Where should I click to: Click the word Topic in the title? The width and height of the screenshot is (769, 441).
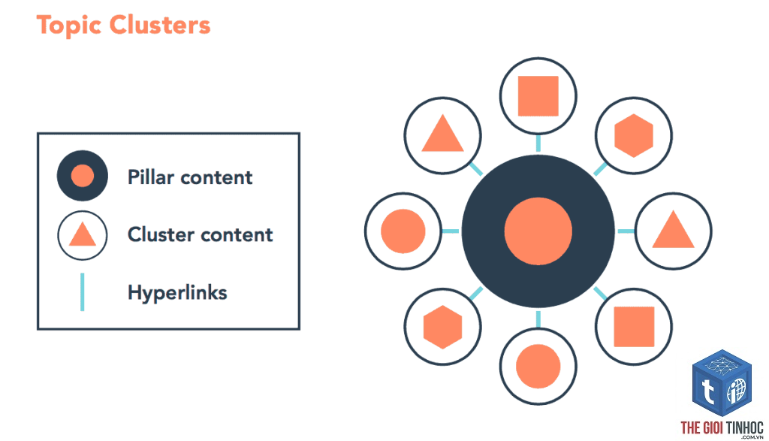point(69,26)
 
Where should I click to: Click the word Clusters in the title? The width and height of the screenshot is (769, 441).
point(160,25)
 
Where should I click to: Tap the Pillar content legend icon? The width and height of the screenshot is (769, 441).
point(83,176)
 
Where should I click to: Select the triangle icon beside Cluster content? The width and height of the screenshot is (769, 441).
point(83,235)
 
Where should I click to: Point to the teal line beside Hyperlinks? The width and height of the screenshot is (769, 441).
point(83,292)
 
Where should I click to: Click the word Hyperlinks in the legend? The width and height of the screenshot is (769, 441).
point(177,293)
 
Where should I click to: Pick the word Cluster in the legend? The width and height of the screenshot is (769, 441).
point(159,234)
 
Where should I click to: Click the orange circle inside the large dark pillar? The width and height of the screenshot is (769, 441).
point(538,231)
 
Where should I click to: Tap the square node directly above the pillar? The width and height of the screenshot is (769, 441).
point(538,95)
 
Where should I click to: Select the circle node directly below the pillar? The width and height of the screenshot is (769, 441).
point(538,367)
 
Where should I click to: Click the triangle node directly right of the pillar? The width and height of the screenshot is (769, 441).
point(674,231)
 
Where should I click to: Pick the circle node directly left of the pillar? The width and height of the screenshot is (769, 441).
point(403,231)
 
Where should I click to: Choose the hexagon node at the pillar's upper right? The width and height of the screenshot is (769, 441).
point(634,135)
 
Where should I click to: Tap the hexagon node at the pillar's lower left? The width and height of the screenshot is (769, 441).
point(442,327)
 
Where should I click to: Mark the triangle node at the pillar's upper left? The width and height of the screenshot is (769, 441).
point(442,135)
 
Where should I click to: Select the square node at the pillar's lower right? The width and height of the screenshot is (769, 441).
point(634,327)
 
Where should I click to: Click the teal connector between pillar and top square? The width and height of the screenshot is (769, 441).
point(538,143)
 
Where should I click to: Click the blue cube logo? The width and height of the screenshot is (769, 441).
point(722,383)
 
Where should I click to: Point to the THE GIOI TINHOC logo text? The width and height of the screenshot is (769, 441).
point(722,427)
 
